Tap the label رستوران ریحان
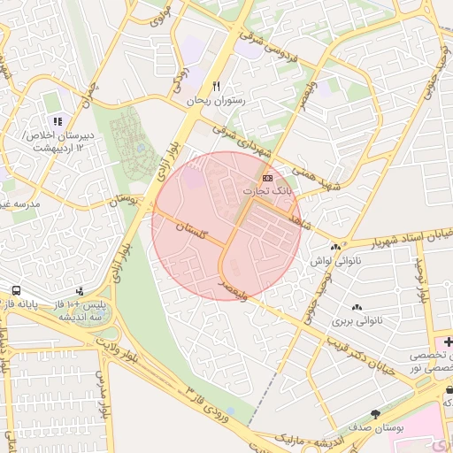click(x=214, y=101)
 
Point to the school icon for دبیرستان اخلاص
click(x=58, y=121)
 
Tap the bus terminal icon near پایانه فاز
click(x=16, y=290)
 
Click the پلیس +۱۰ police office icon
click(x=81, y=290)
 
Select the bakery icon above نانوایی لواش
click(x=334, y=247)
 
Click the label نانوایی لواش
click(x=333, y=261)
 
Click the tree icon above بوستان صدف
click(x=376, y=414)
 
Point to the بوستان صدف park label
click(x=375, y=428)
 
